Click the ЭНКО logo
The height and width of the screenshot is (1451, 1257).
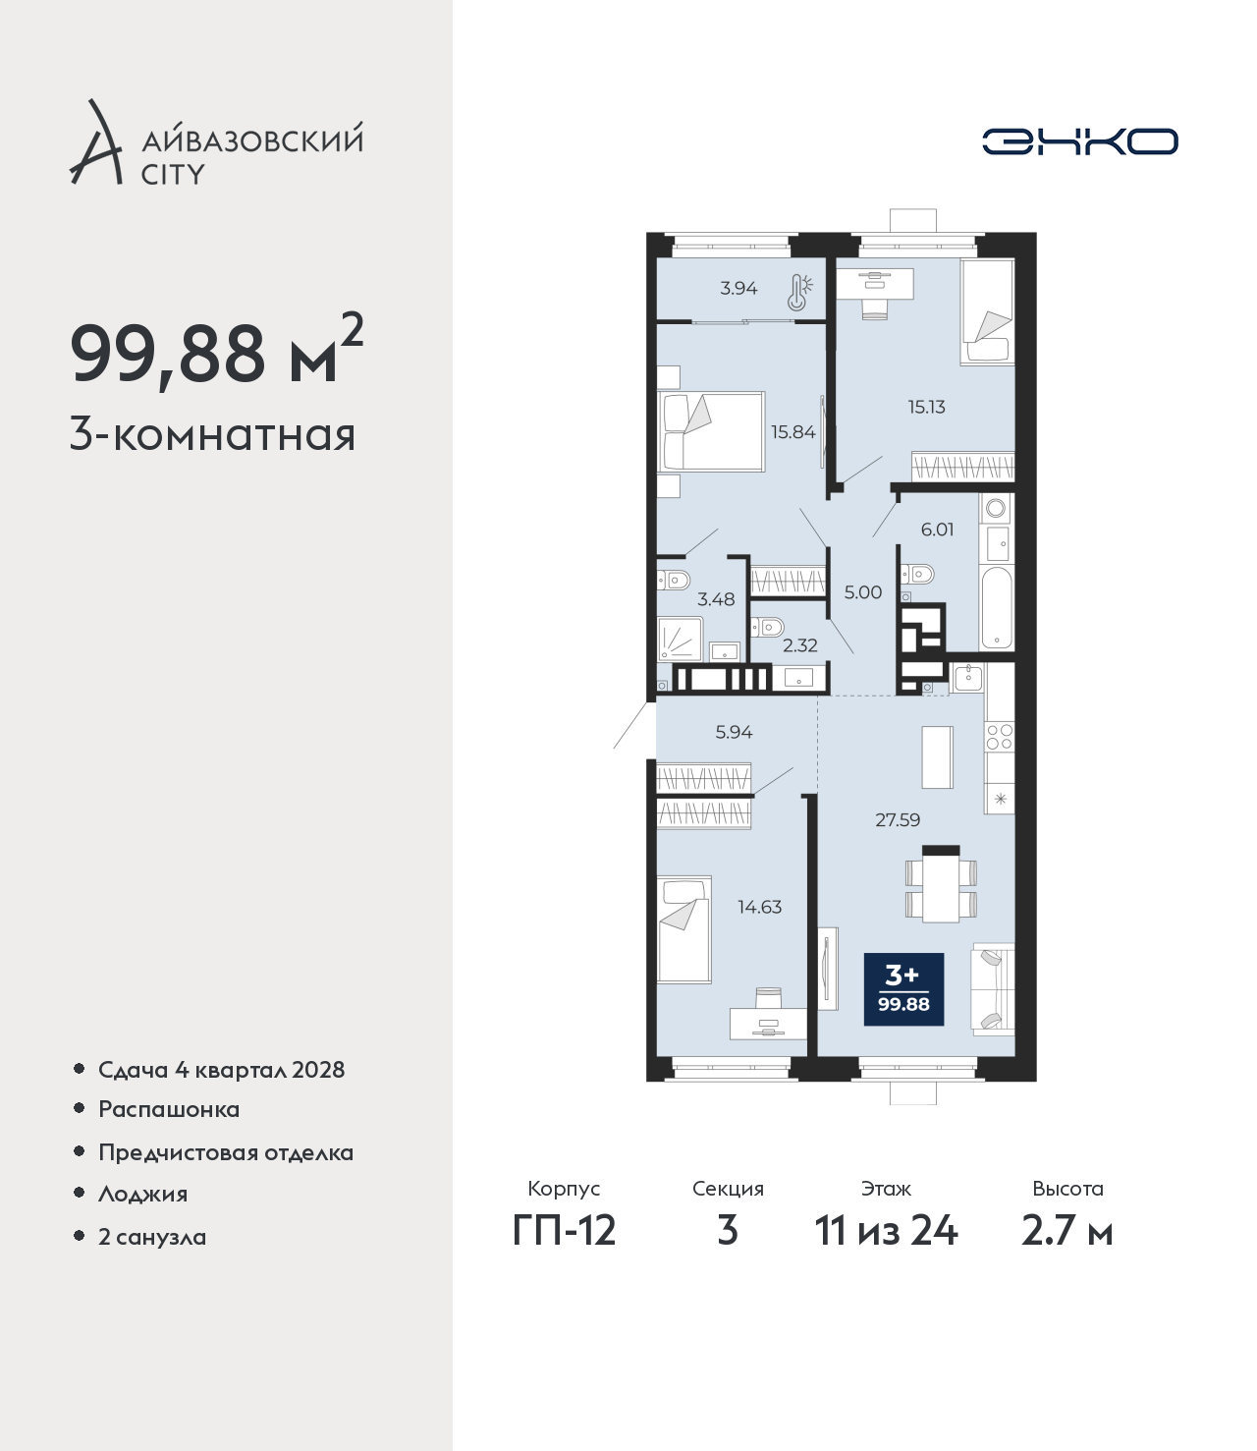point(1079,141)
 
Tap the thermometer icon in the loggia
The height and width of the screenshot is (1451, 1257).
point(799,292)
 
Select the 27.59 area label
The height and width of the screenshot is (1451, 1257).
point(898,820)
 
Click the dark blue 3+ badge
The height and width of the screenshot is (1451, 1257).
point(903,989)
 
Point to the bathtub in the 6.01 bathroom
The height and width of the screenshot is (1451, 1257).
point(996,608)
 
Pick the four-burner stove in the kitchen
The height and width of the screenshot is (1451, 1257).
point(1000,737)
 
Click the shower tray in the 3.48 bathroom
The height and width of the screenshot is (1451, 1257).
point(681,639)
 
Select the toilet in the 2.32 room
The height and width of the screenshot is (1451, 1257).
point(766,626)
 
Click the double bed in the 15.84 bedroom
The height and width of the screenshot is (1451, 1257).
point(710,431)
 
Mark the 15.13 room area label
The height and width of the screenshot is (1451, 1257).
point(926,407)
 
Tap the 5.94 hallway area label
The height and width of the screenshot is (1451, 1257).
point(735,732)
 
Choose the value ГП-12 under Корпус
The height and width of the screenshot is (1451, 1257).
point(565,1231)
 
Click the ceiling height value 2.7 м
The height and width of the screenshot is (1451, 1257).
point(1066,1231)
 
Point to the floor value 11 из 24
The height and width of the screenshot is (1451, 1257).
point(886,1231)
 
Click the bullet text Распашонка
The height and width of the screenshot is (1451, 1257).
point(169,1110)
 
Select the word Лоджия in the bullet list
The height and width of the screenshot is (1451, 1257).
point(143,1194)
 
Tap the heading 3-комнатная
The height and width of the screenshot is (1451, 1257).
point(213,435)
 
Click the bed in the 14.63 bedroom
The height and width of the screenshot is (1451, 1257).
point(684,929)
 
